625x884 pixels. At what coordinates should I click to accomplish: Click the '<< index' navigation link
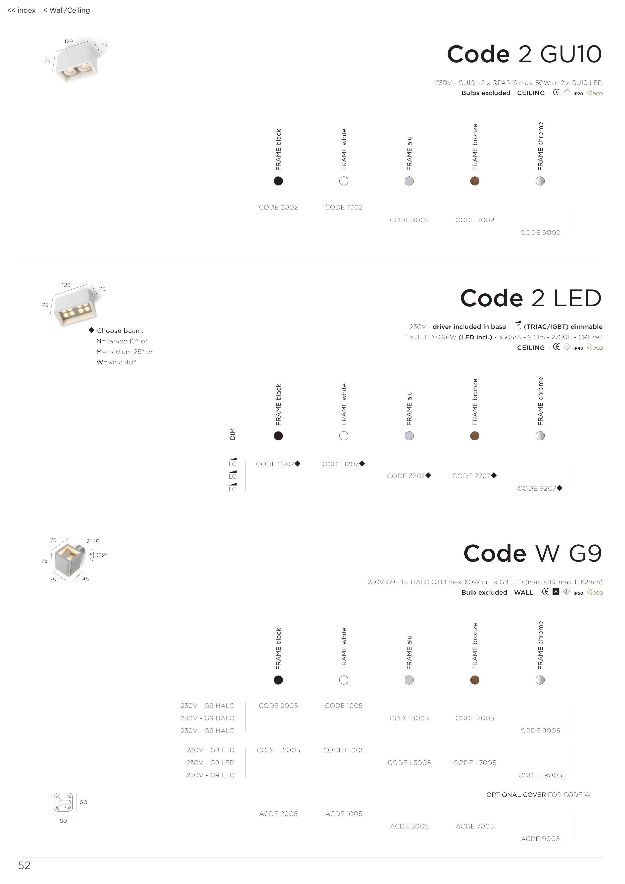click(x=22, y=11)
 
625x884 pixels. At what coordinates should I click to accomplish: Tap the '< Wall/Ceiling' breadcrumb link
click(x=67, y=11)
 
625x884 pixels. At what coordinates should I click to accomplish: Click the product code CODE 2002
click(x=278, y=207)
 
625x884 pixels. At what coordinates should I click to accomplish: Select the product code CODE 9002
click(x=540, y=233)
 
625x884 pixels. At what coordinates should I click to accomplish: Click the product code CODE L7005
click(x=474, y=763)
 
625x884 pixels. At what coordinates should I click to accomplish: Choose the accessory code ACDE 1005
click(x=343, y=813)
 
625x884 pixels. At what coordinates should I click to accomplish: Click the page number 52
click(x=24, y=865)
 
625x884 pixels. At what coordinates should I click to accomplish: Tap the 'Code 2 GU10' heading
click(x=524, y=54)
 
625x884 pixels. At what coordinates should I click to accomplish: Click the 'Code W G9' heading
click(x=532, y=554)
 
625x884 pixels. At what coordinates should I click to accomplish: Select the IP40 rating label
click(x=578, y=348)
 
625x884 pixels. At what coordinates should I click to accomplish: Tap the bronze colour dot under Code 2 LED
click(x=474, y=436)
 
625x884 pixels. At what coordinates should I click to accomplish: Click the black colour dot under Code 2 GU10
click(x=278, y=181)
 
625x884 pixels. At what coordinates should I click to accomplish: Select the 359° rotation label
click(x=101, y=555)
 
